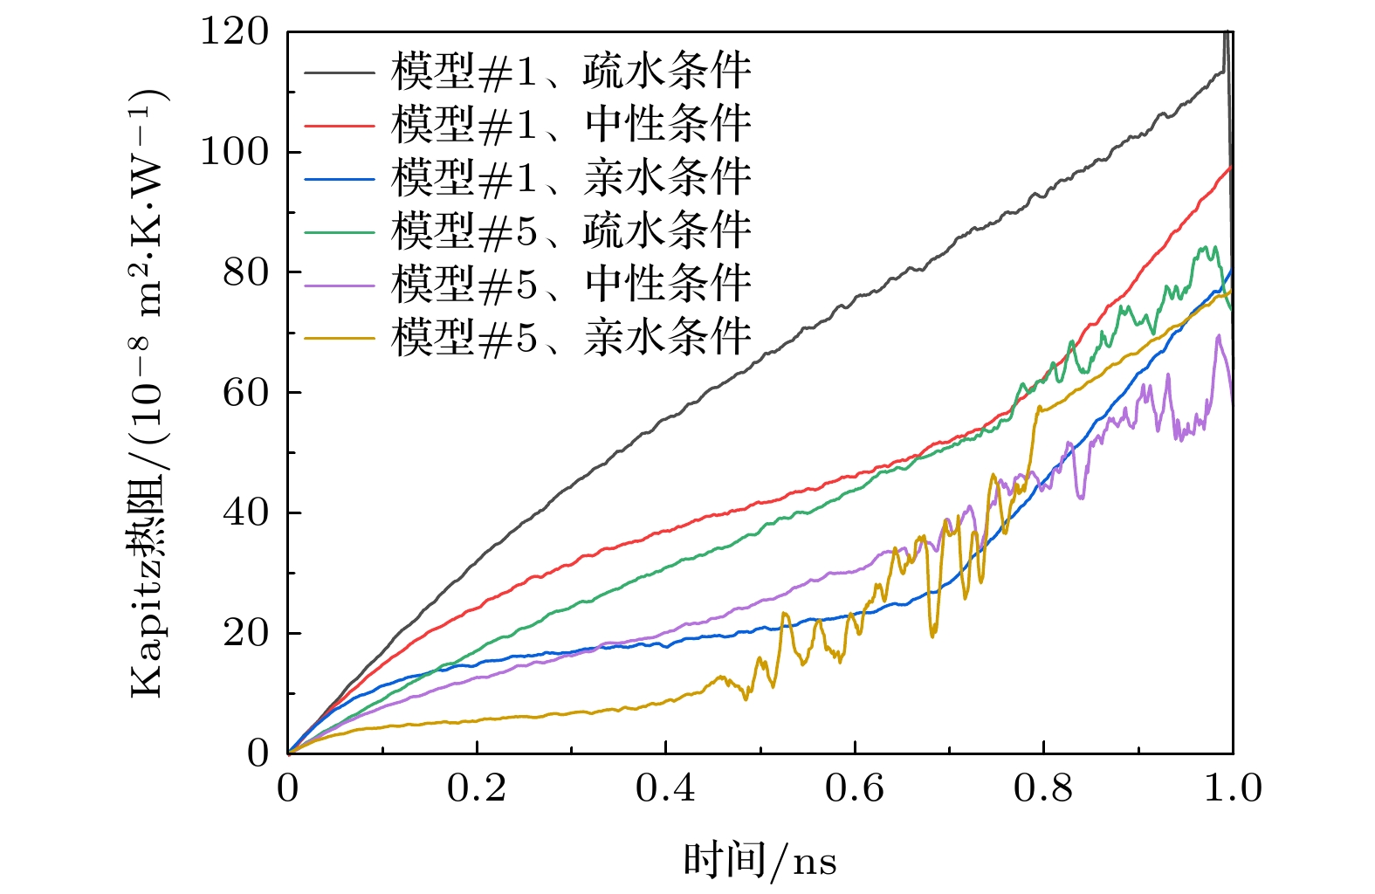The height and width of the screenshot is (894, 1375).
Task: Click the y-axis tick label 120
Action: click(x=235, y=31)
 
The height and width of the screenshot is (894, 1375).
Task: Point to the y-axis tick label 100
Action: click(x=235, y=152)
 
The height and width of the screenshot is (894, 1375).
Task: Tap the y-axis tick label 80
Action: click(x=245, y=272)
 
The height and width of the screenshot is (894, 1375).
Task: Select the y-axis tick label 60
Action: click(x=245, y=393)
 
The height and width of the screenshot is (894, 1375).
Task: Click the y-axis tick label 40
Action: click(x=245, y=512)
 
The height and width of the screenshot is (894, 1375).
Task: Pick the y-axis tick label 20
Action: click(x=245, y=633)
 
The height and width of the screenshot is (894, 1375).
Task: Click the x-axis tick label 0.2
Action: click(x=477, y=788)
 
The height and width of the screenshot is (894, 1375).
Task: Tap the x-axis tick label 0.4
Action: click(x=665, y=788)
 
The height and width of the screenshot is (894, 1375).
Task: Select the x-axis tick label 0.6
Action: click(x=855, y=788)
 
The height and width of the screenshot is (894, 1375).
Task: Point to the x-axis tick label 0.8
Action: click(x=1043, y=788)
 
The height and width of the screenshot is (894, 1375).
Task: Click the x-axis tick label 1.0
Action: click(x=1233, y=788)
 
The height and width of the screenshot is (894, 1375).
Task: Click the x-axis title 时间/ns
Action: click(x=760, y=861)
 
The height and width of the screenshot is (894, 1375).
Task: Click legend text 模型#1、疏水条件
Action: click(x=571, y=72)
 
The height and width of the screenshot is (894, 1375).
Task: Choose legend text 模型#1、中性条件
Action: click(x=571, y=125)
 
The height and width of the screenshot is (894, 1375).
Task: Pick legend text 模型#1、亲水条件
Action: click(x=571, y=178)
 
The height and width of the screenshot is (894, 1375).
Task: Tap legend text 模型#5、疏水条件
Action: click(x=571, y=231)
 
